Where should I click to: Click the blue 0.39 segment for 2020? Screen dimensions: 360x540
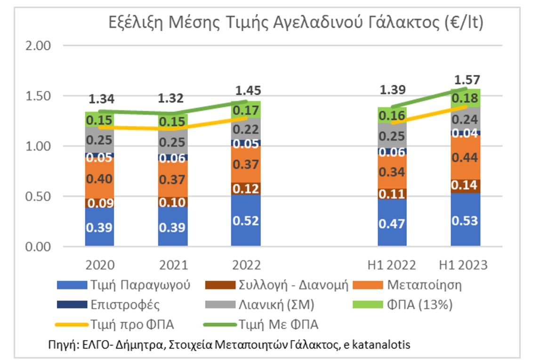pyautogui.click(x=99, y=227)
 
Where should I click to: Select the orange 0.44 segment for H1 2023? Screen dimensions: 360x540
pyautogui.click(x=465, y=157)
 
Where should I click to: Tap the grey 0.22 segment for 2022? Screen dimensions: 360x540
pyautogui.click(x=246, y=128)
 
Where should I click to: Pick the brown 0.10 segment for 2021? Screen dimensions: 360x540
pyautogui.click(x=173, y=202)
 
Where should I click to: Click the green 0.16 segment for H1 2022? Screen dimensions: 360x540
pyautogui.click(x=392, y=115)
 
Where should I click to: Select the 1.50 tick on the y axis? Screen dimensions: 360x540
pyautogui.click(x=37, y=96)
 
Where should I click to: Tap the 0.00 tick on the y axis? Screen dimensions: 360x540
pyautogui.click(x=37, y=246)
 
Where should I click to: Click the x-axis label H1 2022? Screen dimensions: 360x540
pyautogui.click(x=392, y=265)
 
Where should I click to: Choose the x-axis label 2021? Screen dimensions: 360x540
pyautogui.click(x=173, y=265)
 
